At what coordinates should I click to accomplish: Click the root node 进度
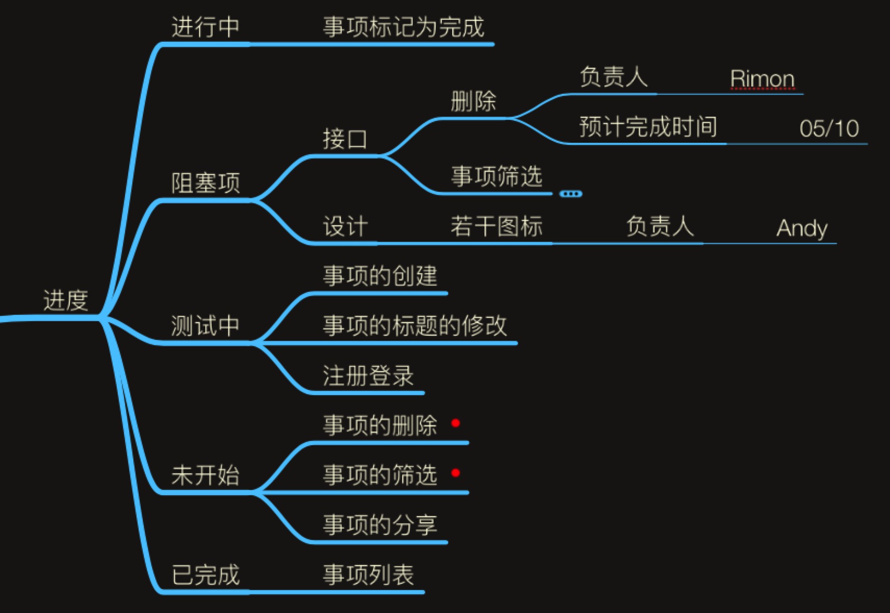66,301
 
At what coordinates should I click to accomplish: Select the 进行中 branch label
205,27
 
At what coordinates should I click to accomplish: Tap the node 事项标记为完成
403,27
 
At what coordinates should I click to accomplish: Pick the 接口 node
345,140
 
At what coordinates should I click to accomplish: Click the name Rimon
762,79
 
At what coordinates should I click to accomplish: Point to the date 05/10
829,128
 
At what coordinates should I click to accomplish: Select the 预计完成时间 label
648,127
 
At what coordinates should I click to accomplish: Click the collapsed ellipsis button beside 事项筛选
571,194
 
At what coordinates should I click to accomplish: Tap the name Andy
801,228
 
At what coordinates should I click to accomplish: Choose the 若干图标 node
496,227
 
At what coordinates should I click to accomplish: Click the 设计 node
345,227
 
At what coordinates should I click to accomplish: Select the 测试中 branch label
205,326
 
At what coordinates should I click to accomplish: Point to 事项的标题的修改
414,326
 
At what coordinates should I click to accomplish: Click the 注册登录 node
368,376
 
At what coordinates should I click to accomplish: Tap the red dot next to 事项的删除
455,423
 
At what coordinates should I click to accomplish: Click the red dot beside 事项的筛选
455,473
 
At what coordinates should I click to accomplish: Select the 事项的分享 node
379,525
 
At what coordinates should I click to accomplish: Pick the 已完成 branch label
205,575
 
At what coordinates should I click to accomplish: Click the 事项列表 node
368,575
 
